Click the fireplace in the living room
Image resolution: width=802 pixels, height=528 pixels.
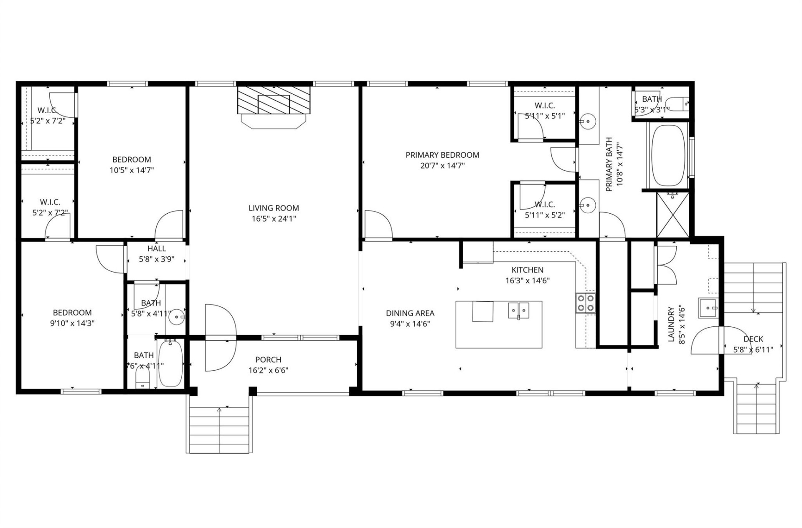click(x=274, y=100)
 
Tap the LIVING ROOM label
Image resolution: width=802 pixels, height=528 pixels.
click(x=274, y=208)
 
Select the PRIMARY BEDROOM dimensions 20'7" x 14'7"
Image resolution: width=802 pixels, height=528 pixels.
click(x=442, y=166)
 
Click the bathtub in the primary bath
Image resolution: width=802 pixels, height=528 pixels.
click(x=668, y=155)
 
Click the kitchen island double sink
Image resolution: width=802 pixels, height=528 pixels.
click(x=519, y=311)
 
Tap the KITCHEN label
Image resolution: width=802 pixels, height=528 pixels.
click(x=527, y=270)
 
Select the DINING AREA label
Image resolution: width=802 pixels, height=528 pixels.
click(x=410, y=313)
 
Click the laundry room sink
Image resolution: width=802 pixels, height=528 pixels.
click(x=708, y=308)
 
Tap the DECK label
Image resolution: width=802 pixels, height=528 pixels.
click(x=753, y=339)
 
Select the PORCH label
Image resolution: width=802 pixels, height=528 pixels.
click(x=268, y=359)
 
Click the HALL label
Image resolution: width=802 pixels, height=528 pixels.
click(x=157, y=249)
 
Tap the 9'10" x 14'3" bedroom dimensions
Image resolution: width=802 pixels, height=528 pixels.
click(x=72, y=323)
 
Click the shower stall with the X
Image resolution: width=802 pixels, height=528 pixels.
click(x=673, y=215)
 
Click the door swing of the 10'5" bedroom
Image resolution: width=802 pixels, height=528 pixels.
click(x=169, y=225)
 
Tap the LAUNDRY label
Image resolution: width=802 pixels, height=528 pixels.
click(x=671, y=324)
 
